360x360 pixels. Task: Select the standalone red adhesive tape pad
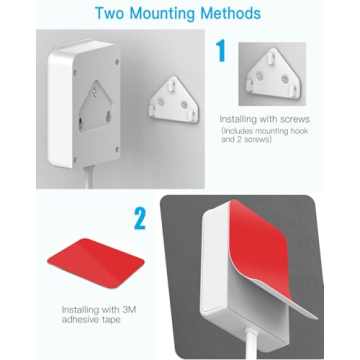point(95,259)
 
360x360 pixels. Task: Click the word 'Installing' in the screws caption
point(239,119)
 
